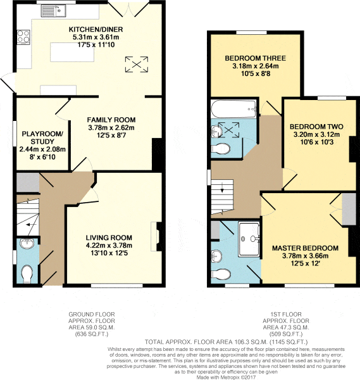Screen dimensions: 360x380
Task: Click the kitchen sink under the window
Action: tap(53, 11)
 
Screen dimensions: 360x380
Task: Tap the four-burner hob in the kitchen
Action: tap(23, 36)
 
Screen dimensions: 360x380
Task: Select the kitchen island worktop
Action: tap(72, 52)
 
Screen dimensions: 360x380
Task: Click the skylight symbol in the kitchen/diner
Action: tap(137, 64)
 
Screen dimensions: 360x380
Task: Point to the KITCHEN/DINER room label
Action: tap(96, 29)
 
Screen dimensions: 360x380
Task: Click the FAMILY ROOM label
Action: tap(111, 120)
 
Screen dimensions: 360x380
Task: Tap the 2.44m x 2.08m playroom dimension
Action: tap(42, 149)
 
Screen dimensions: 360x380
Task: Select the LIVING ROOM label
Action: tap(109, 237)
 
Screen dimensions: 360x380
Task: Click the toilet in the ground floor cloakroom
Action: tap(27, 274)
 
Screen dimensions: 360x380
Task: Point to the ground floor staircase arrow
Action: tap(31, 225)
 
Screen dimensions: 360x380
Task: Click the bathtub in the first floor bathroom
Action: tap(234, 109)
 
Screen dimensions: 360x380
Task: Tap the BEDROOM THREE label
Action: tap(256, 58)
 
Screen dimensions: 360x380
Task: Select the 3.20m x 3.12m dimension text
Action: tap(316, 134)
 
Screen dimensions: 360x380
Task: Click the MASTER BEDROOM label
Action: tap(305, 248)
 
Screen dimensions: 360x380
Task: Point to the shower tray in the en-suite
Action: tap(249, 239)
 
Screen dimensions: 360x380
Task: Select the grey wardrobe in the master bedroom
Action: tap(349, 210)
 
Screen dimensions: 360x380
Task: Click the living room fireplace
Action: tap(157, 236)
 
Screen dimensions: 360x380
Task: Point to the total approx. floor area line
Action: tap(226, 342)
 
